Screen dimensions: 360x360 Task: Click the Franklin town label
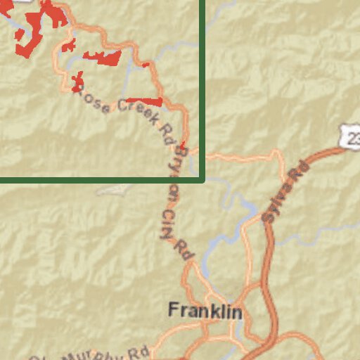(x=205, y=311)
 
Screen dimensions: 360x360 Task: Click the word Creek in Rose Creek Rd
(x=138, y=111)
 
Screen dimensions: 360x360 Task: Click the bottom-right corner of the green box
(x=203, y=180)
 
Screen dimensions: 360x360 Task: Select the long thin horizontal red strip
(x=144, y=101)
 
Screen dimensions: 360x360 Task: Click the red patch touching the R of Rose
(x=77, y=82)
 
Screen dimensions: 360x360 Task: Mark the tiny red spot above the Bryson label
(x=183, y=144)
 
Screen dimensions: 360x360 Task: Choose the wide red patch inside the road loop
(x=103, y=58)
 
